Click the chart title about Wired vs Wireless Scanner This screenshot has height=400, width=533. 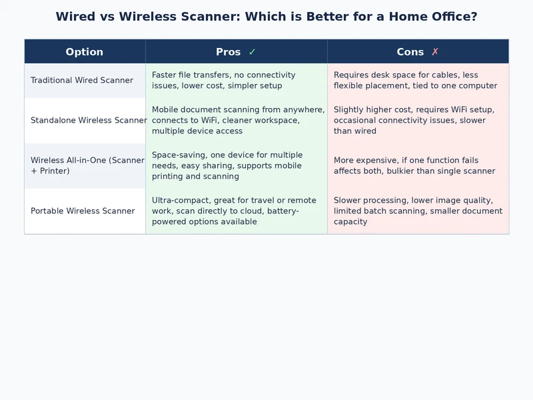[266, 17]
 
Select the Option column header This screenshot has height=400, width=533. [85, 52]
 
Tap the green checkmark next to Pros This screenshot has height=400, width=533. [252, 52]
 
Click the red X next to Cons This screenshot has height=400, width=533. [435, 52]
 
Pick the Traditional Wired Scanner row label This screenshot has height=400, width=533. [82, 81]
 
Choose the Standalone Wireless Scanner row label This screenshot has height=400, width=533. [89, 121]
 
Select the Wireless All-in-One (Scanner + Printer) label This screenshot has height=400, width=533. [87, 166]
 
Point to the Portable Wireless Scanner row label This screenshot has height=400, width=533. [83, 211]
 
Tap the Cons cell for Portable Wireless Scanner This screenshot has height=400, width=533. [418, 211]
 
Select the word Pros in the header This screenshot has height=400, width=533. [229, 52]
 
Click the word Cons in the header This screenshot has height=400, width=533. [410, 52]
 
